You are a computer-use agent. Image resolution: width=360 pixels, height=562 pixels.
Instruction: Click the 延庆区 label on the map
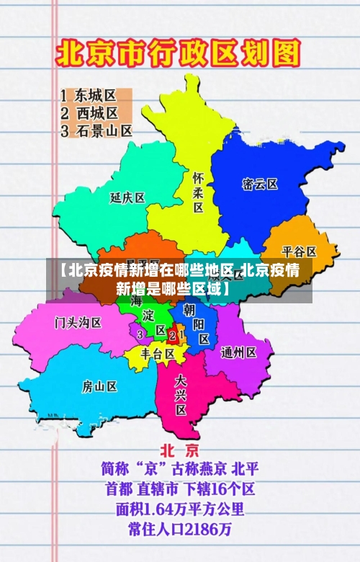point(127,197)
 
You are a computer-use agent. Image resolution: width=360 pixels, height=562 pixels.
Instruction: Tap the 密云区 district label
point(260,184)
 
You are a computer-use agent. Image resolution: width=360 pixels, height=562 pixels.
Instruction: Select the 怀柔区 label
point(199,192)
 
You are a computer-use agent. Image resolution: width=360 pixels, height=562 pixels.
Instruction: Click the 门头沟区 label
point(78,321)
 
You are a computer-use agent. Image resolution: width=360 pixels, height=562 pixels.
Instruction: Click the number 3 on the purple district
point(139,334)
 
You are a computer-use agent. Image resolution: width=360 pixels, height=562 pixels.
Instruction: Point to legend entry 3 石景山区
point(96,131)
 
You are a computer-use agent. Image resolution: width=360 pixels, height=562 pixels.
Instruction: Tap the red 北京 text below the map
point(179,451)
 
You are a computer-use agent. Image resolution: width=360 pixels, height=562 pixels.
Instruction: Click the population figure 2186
point(201,530)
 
